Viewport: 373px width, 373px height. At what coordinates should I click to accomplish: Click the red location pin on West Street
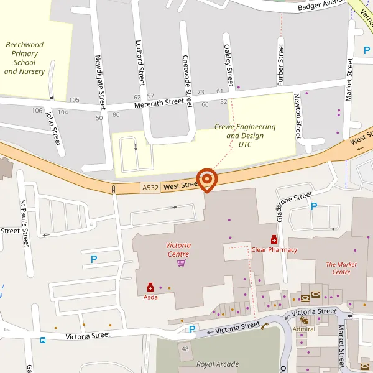click(206, 180)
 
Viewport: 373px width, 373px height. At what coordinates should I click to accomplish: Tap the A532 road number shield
click(150, 187)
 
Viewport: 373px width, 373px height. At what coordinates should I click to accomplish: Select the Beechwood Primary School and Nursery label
click(25, 58)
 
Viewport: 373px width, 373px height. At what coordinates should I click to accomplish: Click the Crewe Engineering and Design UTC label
click(245, 135)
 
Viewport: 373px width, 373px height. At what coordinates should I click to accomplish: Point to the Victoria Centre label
click(178, 249)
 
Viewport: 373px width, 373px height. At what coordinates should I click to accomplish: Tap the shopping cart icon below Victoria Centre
click(181, 263)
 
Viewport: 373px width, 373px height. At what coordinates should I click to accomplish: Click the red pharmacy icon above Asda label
click(150, 287)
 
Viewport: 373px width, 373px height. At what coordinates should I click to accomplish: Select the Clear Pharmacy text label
click(274, 250)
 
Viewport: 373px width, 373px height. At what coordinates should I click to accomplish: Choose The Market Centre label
click(342, 268)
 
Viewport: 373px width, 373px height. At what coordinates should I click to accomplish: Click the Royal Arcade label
click(217, 364)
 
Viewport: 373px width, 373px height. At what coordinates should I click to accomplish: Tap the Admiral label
click(304, 329)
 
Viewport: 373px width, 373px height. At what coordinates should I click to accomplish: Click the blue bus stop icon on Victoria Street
click(43, 340)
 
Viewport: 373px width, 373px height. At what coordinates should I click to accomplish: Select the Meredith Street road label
click(163, 103)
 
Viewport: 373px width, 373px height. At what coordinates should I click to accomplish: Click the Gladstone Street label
click(293, 204)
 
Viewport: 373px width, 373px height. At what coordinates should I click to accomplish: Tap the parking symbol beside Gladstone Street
click(314, 206)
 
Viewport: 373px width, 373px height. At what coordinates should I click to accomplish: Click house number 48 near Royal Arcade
click(185, 349)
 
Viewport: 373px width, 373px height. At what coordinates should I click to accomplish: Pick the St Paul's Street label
click(25, 223)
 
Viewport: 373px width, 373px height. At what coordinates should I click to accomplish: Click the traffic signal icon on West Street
click(113, 189)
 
